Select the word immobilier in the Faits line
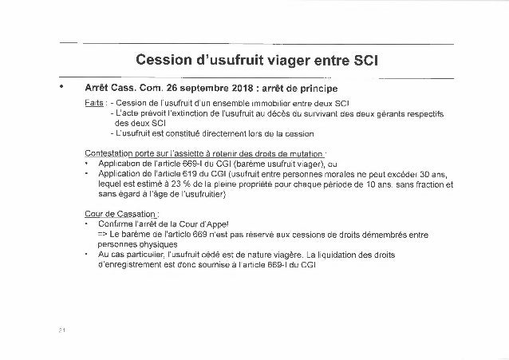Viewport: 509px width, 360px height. pyautogui.click(x=275, y=104)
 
